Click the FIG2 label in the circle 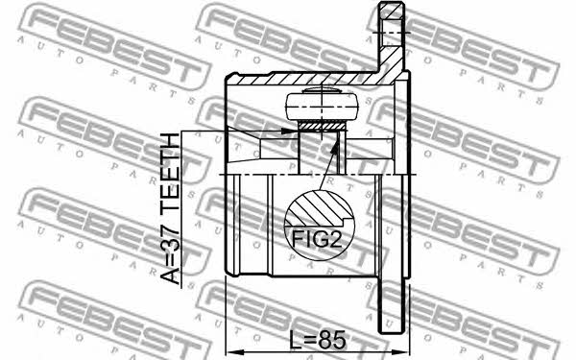[317, 239]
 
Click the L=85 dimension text [317, 340]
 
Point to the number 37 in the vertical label [171, 233]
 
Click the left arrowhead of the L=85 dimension [232, 351]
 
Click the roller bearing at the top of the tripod [322, 106]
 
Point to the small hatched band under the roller [323, 127]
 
